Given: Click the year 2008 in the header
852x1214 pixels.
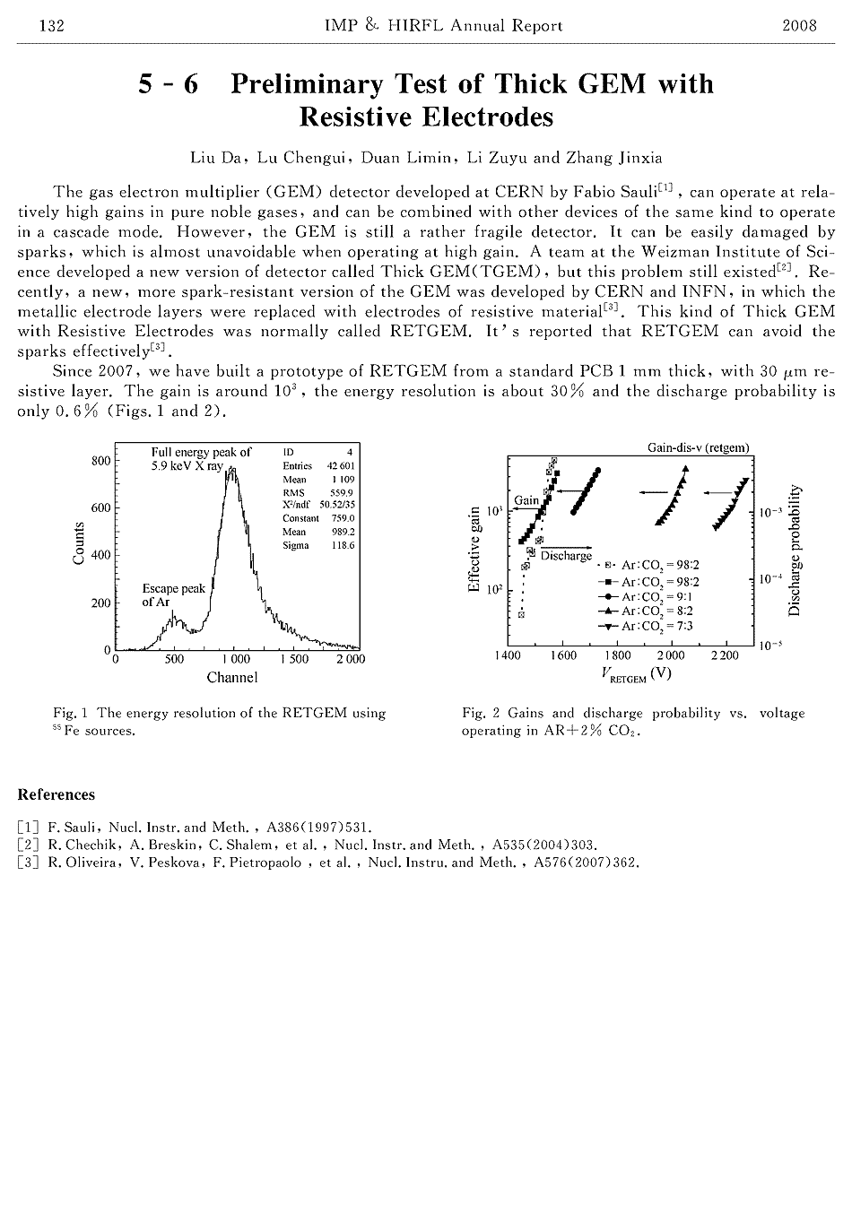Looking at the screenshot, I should click(x=799, y=26).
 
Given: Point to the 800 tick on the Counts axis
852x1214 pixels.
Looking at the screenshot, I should click(x=100, y=461).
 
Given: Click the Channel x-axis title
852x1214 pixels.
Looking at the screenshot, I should click(x=231, y=678).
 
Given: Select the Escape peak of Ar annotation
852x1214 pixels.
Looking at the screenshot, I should click(x=173, y=595).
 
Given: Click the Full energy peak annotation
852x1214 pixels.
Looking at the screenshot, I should click(x=201, y=459).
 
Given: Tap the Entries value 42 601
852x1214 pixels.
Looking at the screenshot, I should click(x=341, y=466).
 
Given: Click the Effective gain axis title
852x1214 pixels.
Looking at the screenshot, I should click(x=473, y=549).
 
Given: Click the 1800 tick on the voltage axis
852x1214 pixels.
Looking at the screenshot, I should click(x=618, y=655).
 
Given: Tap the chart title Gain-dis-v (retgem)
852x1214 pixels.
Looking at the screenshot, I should click(x=698, y=447).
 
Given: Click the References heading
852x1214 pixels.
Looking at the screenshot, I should click(x=56, y=794).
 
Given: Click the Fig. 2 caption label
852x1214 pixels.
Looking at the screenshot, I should click(x=481, y=714).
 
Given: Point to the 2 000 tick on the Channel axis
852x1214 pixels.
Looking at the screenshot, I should click(x=351, y=659).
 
